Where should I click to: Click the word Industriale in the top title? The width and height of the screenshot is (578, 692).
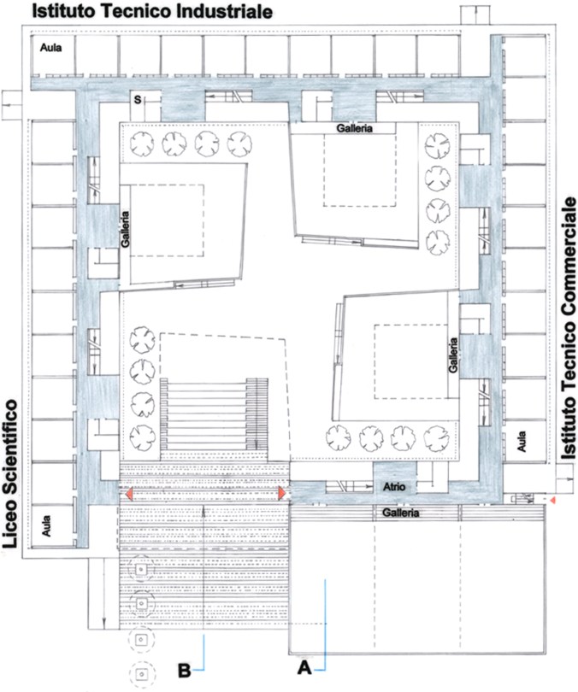[224, 11]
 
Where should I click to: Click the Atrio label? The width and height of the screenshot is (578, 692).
[394, 487]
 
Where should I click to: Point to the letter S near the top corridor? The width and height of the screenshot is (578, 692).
[138, 100]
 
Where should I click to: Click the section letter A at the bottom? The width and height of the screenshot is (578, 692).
[304, 668]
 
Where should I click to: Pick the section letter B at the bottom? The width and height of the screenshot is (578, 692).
[184, 670]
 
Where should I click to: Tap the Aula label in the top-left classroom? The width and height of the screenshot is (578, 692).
[50, 48]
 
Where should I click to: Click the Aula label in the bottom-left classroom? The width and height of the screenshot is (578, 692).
[46, 525]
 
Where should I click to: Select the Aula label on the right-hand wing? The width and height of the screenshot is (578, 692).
[522, 442]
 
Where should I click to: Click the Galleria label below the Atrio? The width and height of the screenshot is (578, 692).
[400, 513]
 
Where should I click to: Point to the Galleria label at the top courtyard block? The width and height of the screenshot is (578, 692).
[355, 128]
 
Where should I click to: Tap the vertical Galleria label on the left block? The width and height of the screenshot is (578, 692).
[126, 230]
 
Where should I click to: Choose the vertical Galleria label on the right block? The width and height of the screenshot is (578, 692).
[453, 355]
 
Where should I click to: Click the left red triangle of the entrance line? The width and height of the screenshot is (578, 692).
[128, 494]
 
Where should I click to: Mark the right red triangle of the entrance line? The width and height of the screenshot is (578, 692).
[281, 493]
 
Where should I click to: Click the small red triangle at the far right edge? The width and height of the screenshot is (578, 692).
[551, 499]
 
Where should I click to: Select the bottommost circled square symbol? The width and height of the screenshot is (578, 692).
[142, 674]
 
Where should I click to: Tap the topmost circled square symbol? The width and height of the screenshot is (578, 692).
[141, 569]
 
